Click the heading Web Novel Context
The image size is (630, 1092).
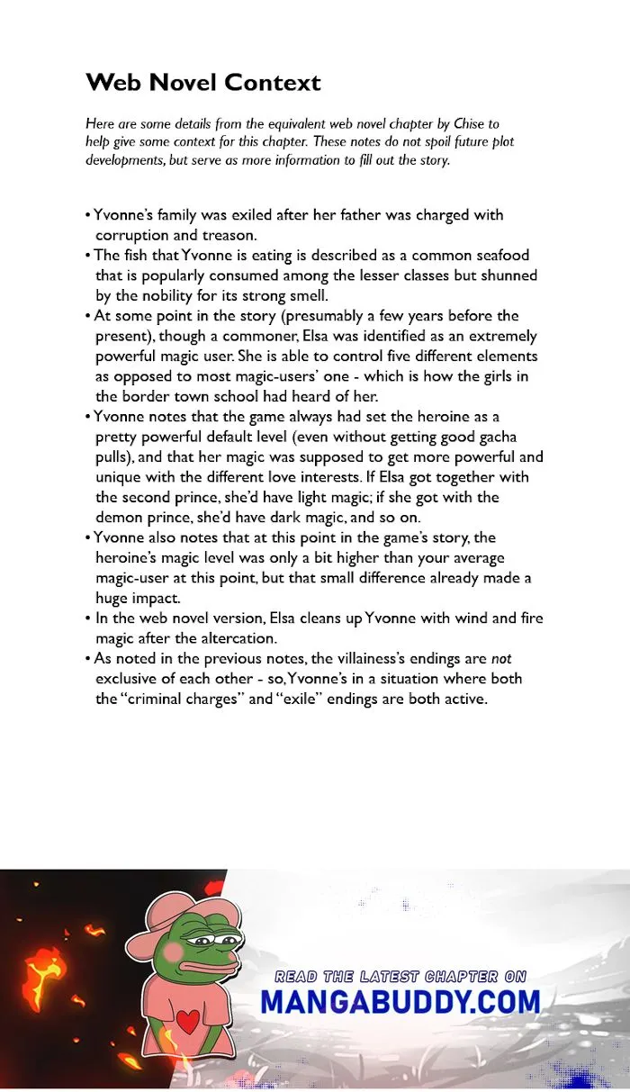click(202, 83)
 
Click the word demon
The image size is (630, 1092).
click(121, 517)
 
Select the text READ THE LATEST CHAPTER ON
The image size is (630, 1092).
click(400, 977)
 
